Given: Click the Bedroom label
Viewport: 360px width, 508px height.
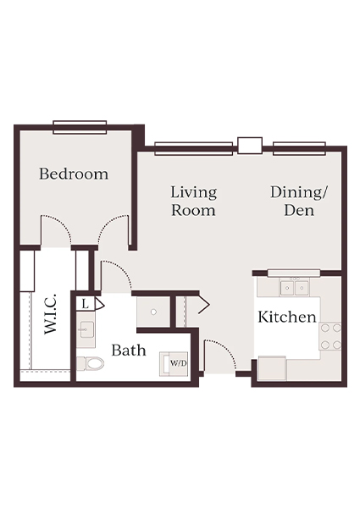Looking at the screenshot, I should tap(74, 174).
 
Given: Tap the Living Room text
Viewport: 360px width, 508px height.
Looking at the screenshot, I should tap(193, 201).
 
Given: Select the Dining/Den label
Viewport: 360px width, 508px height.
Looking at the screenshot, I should tap(298, 201).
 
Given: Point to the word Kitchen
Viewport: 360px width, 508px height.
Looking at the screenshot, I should tap(287, 317).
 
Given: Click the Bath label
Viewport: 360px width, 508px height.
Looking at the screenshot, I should tap(129, 350).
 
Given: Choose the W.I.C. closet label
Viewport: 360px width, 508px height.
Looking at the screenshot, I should tap(50, 314).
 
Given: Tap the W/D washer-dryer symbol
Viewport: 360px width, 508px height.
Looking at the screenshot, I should tap(178, 363).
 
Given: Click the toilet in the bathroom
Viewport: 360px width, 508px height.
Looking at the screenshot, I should tap(90, 364).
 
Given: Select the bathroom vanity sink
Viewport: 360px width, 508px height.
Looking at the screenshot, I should tap(86, 329).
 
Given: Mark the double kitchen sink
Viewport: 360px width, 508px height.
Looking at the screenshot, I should tap(293, 288).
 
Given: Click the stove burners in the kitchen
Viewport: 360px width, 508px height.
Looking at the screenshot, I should tap(330, 335).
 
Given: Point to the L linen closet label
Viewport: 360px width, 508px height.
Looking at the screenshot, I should tap(86, 302).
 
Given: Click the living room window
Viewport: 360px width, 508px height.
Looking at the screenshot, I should tap(193, 148).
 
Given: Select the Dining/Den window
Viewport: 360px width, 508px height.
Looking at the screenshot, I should tap(298, 148).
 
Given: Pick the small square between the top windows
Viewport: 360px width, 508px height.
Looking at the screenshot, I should tap(249, 145).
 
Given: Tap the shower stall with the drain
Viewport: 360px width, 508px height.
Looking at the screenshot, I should tap(152, 312).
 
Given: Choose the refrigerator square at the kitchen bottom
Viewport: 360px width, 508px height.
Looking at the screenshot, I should tap(272, 368).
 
